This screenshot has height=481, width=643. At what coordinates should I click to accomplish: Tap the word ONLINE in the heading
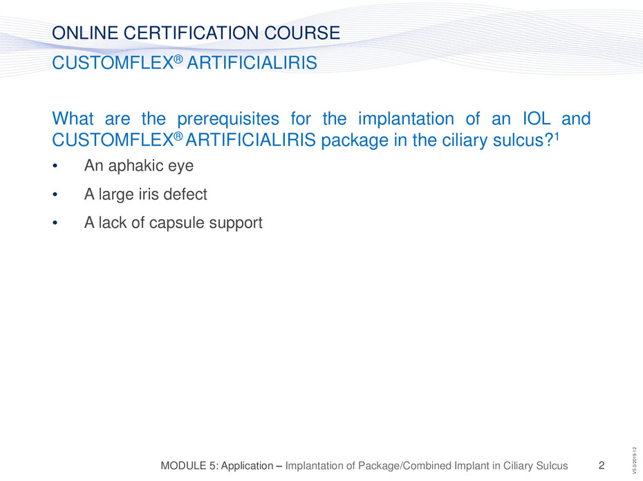pos(85,32)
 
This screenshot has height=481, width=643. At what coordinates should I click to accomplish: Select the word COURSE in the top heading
pos(302,32)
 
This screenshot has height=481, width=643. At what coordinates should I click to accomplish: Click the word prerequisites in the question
pos(228,120)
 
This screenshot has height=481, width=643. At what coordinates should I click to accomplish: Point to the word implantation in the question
pos(406,120)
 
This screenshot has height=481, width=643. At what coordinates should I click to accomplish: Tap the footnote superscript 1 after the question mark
pos(557,135)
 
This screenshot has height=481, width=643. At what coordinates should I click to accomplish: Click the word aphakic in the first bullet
pos(135,166)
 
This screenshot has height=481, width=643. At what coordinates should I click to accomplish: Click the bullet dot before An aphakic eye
pos(55,166)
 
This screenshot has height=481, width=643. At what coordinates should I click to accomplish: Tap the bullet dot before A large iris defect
pos(55,195)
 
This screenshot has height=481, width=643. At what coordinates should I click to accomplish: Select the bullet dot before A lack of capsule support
pos(55,223)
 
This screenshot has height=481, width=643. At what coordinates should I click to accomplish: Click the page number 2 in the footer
pos(602,465)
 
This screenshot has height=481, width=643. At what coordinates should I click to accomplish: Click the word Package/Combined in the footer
pos(425,466)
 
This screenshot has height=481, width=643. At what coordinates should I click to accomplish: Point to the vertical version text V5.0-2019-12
pos(635,460)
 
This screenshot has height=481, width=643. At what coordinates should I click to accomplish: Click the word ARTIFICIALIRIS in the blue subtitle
pos(252,63)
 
